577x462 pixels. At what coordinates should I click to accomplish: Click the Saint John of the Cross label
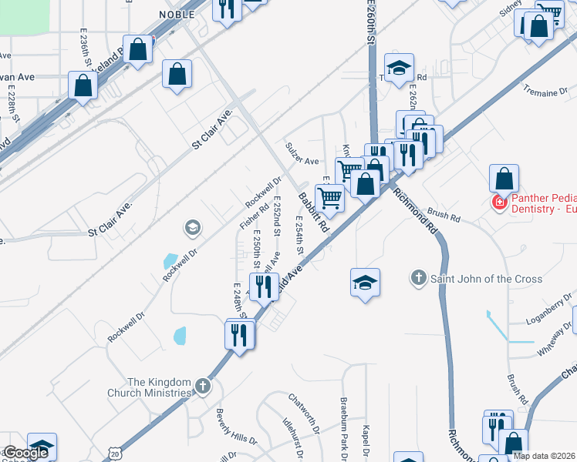(x=497, y=279)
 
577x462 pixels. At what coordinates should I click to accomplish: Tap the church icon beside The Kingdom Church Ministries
(x=202, y=386)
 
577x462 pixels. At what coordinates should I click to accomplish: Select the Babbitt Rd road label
(x=314, y=213)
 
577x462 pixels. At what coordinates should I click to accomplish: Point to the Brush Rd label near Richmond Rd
(x=443, y=215)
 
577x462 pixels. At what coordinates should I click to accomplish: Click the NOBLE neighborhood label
(x=175, y=14)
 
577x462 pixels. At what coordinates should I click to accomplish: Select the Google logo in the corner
(x=26, y=453)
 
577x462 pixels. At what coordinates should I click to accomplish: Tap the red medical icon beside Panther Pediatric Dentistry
(x=499, y=203)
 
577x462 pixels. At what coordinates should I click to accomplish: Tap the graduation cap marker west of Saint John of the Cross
(x=366, y=283)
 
